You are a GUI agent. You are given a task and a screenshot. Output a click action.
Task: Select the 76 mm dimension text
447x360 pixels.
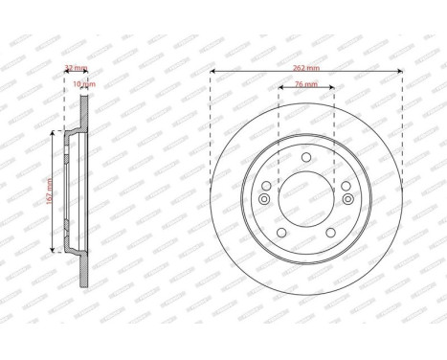tap(305, 84)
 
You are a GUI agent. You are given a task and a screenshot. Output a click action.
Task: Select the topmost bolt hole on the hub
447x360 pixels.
tap(305, 158)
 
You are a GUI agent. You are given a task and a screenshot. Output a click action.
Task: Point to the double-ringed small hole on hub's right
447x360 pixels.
tap(346, 200)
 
